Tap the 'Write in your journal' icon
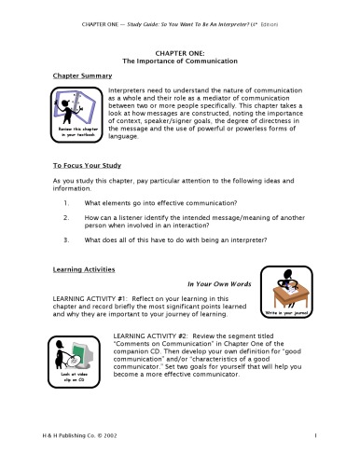click(288, 294)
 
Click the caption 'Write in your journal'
click(288, 314)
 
